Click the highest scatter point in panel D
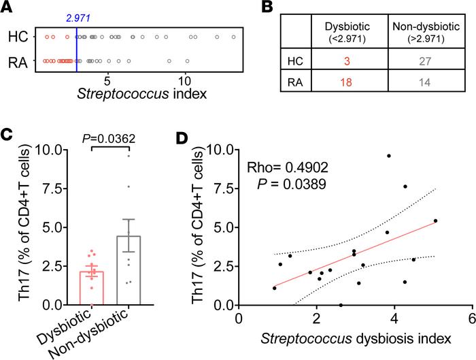(x=389, y=156)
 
